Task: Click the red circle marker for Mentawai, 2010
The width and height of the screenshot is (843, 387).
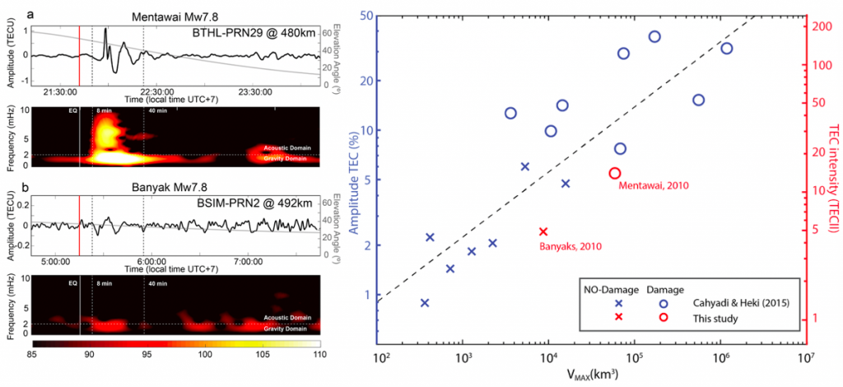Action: (x=614, y=173)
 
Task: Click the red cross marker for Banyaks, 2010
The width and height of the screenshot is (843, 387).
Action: (x=543, y=231)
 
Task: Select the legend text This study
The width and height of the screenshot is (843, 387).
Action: (x=712, y=317)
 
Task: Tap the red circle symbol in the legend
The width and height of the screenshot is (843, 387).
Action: (x=663, y=317)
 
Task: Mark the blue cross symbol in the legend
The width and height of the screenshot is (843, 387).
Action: (x=618, y=304)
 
